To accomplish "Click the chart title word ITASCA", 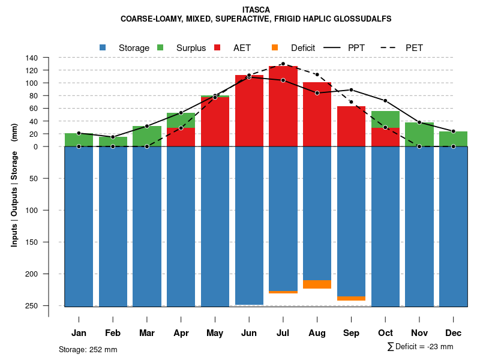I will pos(256,10).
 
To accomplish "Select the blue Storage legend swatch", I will pos(103,47).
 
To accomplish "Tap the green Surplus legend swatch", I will pos(160,47).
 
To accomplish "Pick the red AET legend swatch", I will pos(218,47).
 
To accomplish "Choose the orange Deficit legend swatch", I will pos(275,47).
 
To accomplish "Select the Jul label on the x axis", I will pos(283,333).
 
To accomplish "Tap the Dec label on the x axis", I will pos(454,333).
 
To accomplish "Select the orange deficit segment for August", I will pos(317,284).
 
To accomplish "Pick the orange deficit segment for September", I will pos(352,298).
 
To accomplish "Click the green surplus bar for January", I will pos(79,140).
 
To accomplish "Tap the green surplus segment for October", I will pos(386,119).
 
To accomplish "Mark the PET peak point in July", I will pos(283,64).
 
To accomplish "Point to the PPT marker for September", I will pos(352,90).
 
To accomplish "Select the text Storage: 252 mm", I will pos(88,349).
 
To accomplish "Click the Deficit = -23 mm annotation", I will pos(421,347).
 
